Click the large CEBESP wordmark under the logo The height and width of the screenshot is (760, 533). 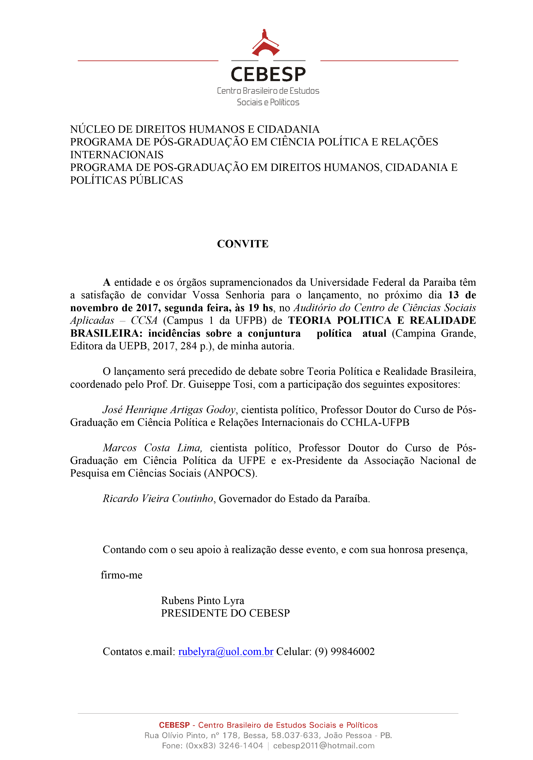pyautogui.click(x=268, y=74)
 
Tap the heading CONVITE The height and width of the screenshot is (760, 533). pyautogui.click(x=243, y=244)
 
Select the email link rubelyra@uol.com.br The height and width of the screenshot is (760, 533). pyautogui.click(x=225, y=651)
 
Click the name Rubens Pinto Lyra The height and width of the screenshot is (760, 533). pyautogui.click(x=203, y=600)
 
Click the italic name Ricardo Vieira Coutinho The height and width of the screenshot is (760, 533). pyautogui.click(x=158, y=498)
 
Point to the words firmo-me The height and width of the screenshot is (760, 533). pyautogui.click(x=122, y=575)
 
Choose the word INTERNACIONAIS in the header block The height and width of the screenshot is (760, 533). pyautogui.click(x=117, y=154)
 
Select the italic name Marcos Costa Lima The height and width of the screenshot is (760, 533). pyautogui.click(x=152, y=447)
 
